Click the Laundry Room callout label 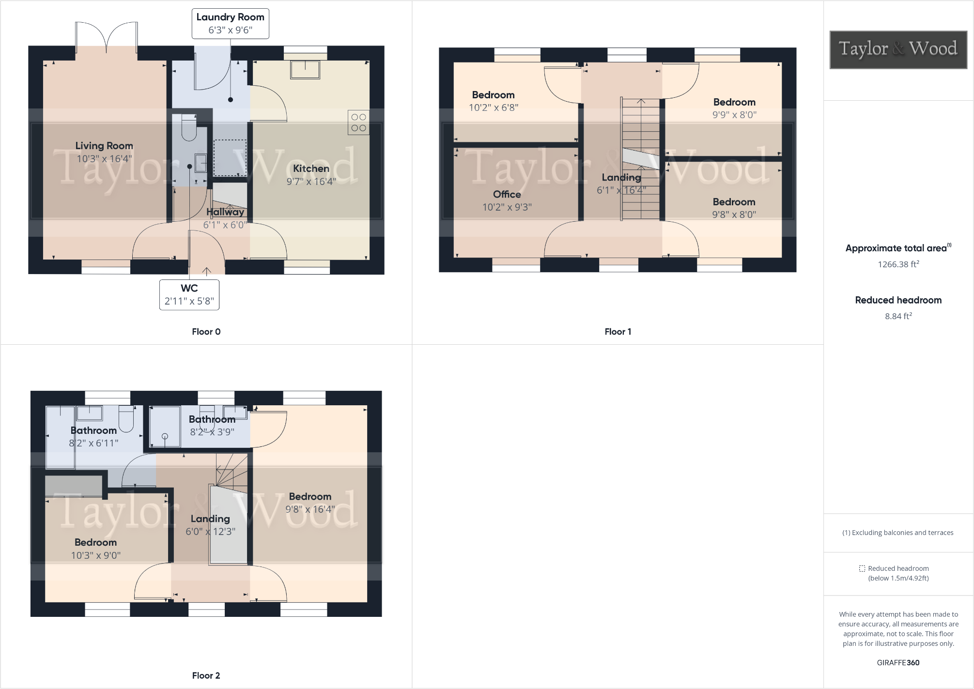tap(230, 23)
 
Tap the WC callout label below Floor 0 tap(189, 294)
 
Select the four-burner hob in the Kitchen tap(358, 122)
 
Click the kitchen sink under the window tap(305, 69)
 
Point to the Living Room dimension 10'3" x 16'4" tap(104, 159)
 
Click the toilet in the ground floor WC tap(188, 129)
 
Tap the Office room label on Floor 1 tap(507, 194)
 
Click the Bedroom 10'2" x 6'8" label tap(493, 95)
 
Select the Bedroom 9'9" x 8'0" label tap(734, 102)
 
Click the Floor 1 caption tap(618, 332)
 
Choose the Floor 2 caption tap(206, 675)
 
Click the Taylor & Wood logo tap(898, 49)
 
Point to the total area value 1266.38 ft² tap(898, 264)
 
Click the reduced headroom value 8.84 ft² tap(898, 316)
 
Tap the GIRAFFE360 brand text tap(898, 663)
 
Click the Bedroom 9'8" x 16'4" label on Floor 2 tap(310, 497)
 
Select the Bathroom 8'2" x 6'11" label tap(93, 430)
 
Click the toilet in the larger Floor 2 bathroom tap(126, 419)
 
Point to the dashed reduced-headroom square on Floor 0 tap(230, 158)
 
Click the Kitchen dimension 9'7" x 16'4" tap(311, 182)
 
